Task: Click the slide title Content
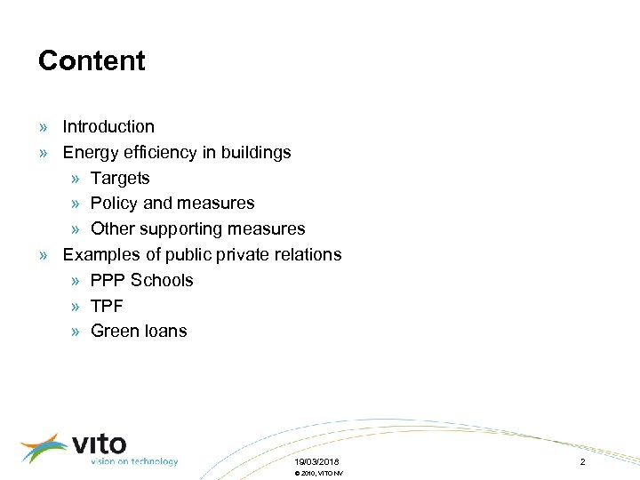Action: coord(92,60)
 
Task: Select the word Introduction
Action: coord(108,127)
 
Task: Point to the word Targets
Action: coord(120,179)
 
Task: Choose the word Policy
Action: coord(114,204)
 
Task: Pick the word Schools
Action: coord(162,280)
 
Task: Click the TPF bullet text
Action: coord(107,306)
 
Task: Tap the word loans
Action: coord(165,332)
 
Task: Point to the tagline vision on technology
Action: coord(133,461)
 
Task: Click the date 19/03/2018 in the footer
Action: coord(316,462)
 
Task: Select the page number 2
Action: coord(582,462)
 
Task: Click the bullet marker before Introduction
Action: coord(44,127)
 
